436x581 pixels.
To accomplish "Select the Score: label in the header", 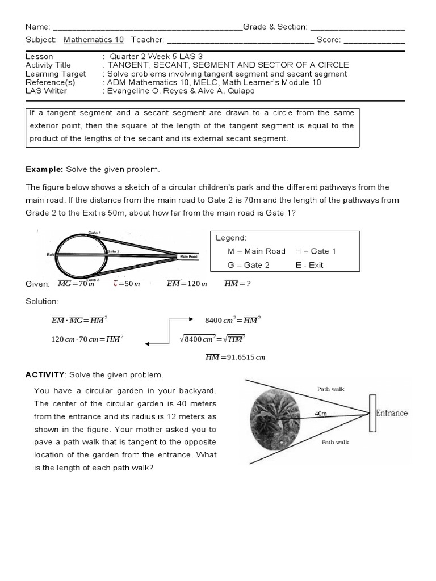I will (x=329, y=40).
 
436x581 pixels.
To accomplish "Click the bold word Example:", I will (x=45, y=170).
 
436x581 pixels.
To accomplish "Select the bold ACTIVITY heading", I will (x=45, y=375).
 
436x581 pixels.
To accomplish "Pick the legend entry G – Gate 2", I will (x=249, y=265).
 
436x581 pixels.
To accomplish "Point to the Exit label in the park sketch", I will (x=51, y=255).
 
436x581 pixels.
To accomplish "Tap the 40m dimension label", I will (x=321, y=414).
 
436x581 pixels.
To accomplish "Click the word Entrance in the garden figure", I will (x=392, y=413).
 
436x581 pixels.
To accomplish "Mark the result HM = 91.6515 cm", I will (x=235, y=357).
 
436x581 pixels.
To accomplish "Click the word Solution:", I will (x=42, y=301).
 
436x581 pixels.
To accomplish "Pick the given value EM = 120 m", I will (x=187, y=284).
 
